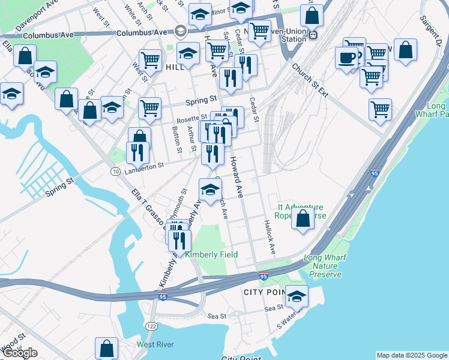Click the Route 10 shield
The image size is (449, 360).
(114, 172)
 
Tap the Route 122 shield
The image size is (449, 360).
(150, 325)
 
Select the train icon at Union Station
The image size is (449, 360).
(313, 35)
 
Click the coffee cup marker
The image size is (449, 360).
(346, 58)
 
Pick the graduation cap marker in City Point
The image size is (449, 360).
(297, 296)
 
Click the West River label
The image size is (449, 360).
(155, 344)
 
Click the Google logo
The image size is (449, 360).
(20, 353)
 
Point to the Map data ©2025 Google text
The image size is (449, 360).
(412, 355)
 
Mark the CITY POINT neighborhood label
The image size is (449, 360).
(263, 292)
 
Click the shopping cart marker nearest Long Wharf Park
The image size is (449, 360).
(380, 110)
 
